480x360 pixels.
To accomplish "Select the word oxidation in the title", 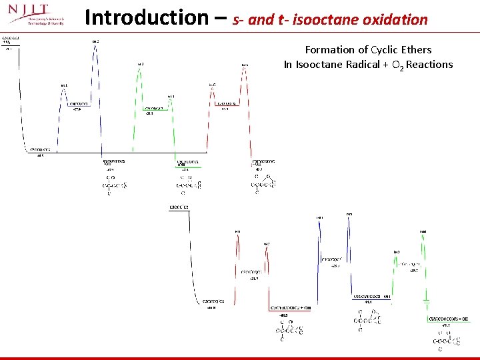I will coord(396,19).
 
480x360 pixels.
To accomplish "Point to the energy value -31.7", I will coord(254,279).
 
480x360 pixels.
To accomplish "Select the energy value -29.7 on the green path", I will coord(414,270).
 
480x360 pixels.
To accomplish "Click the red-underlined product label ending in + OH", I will coord(290,307).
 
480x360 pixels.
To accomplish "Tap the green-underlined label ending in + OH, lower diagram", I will coord(448,319).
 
